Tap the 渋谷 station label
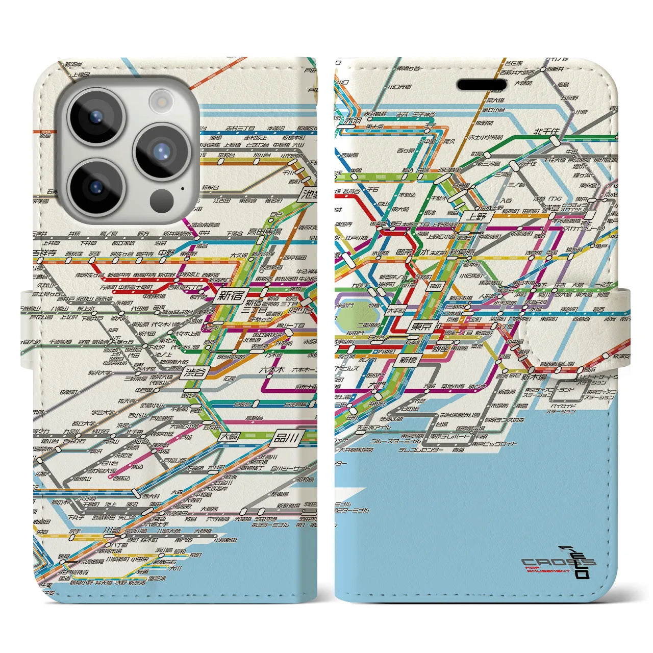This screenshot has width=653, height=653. [x=194, y=372]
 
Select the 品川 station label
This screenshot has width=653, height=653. [x=287, y=437]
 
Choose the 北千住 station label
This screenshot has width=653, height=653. [x=546, y=132]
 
